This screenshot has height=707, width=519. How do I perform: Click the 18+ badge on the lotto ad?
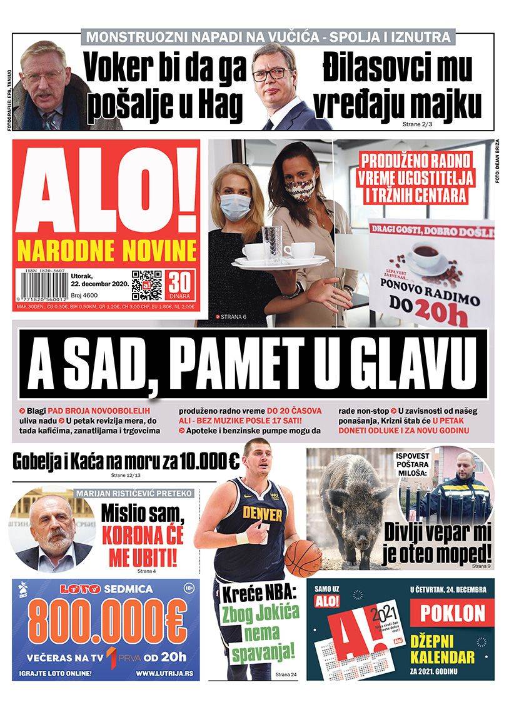pyautogui.click(x=189, y=589)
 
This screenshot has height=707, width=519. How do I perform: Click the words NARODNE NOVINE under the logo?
pyautogui.click(x=106, y=251)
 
